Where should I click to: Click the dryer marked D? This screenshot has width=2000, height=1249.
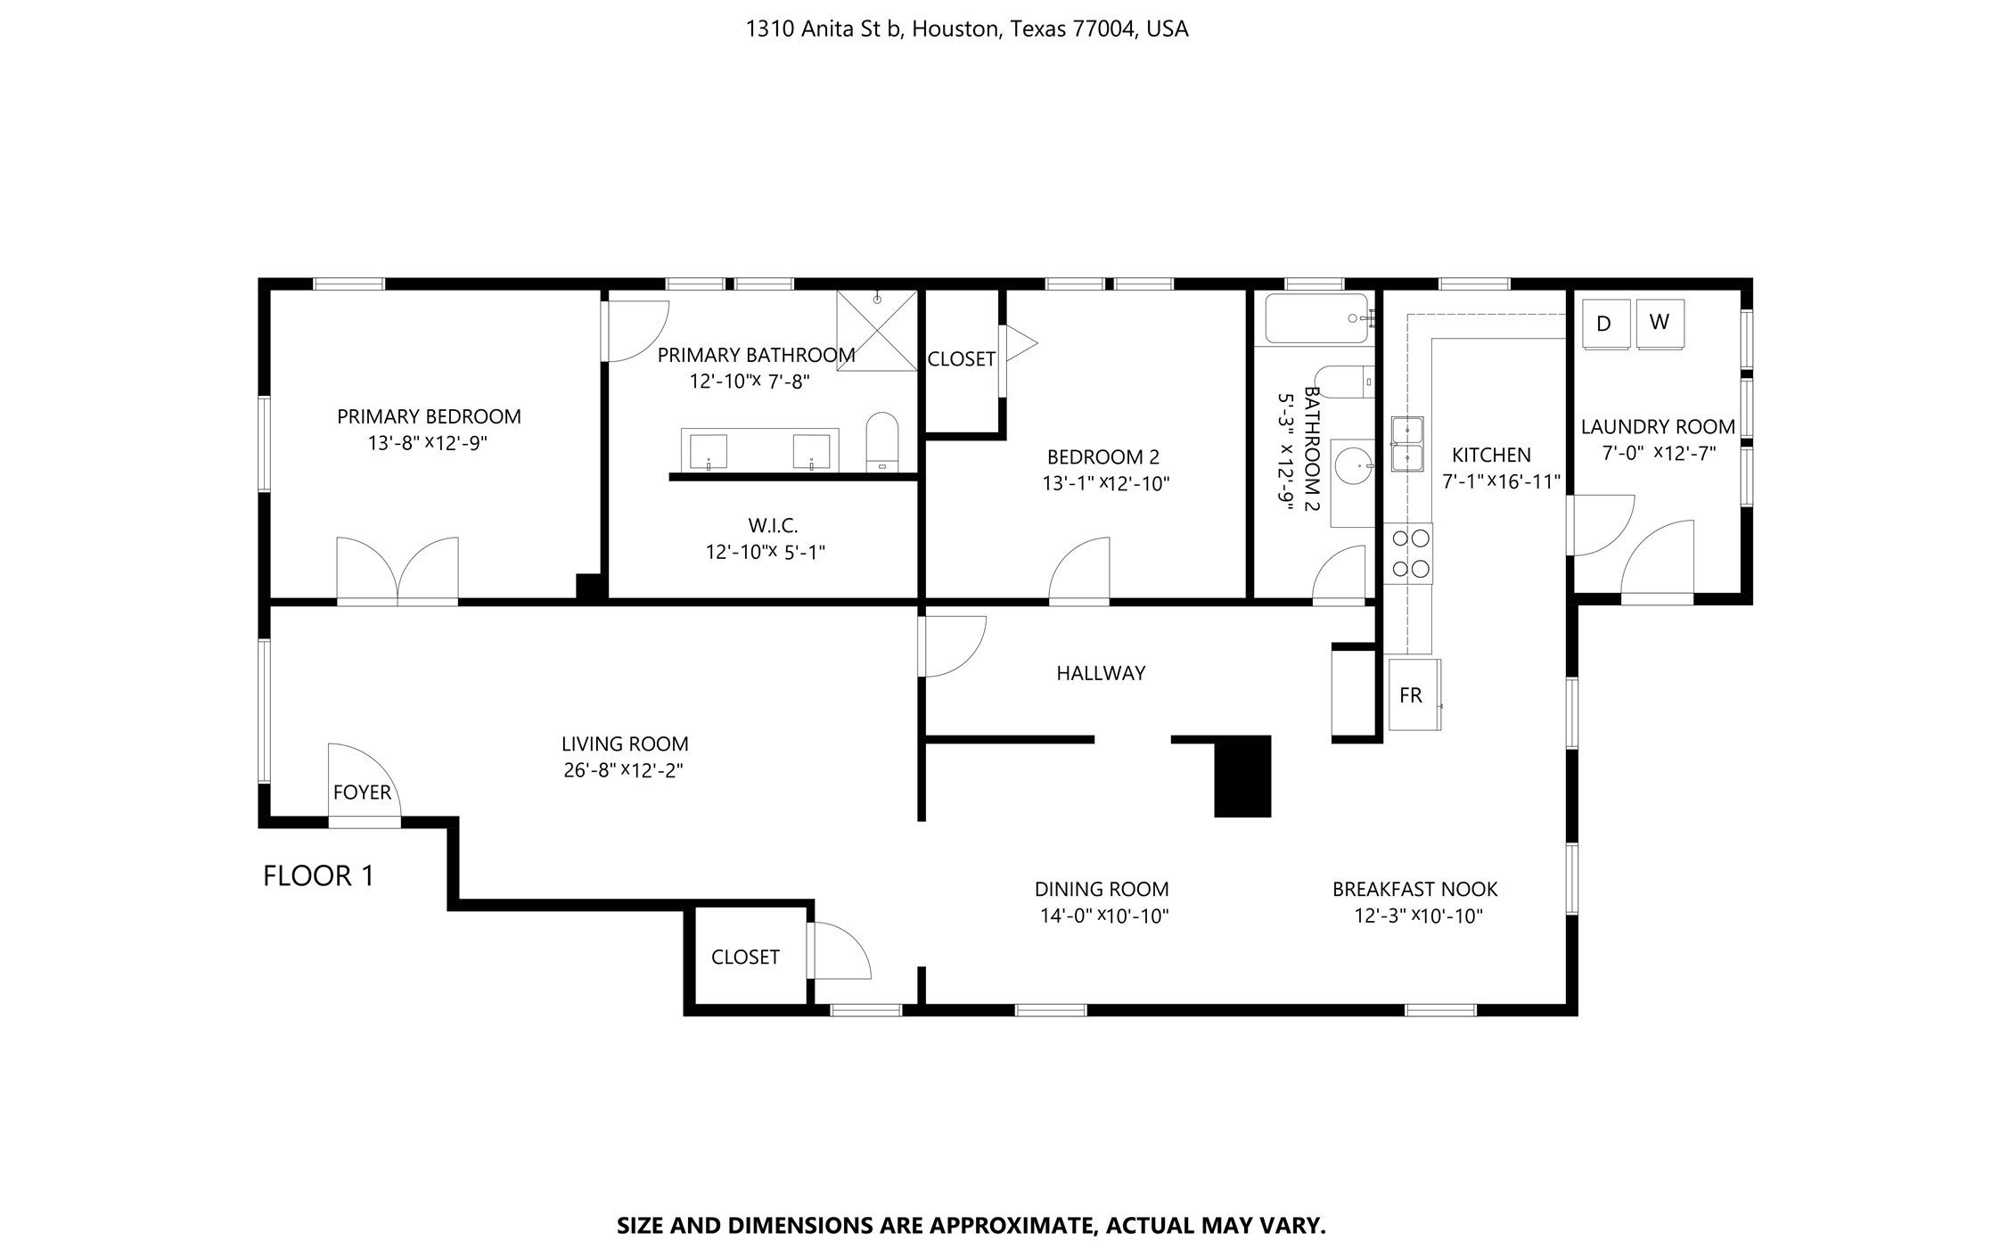pos(1605,324)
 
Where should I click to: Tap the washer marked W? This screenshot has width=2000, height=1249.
pos(1660,323)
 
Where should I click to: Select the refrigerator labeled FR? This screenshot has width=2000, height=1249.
pos(1414,694)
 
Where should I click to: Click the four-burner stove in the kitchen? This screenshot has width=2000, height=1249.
pos(1407,554)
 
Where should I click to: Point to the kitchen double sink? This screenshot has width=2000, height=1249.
pos(1407,444)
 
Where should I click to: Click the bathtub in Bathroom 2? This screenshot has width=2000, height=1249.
pos(1316,318)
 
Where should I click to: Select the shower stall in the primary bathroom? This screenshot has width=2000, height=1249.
pos(877,330)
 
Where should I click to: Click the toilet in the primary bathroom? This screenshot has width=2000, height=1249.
pos(882,441)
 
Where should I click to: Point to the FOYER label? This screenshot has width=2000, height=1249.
pos(362,793)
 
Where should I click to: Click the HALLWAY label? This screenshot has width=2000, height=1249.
pos(1101,674)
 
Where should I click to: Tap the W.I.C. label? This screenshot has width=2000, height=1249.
pos(773,526)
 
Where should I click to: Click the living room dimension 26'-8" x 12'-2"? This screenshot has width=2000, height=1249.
pos(623,770)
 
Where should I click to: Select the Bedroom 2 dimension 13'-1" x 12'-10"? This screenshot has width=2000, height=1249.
pos(1105,484)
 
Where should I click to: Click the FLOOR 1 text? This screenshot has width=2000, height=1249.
pos(318,876)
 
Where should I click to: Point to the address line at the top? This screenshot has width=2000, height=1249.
pos(967,29)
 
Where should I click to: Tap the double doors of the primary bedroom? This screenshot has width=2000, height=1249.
pos(398,571)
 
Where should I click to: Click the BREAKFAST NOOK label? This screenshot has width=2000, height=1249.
pos(1414,889)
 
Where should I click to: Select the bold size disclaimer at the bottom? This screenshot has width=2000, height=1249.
pos(971,1226)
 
